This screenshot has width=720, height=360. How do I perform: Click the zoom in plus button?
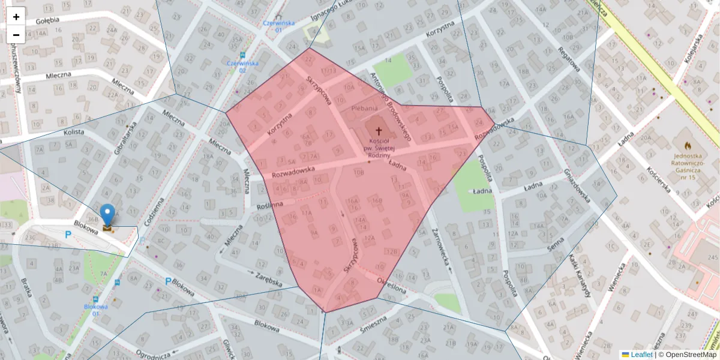point(16,17)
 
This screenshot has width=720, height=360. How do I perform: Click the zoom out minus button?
point(16,35)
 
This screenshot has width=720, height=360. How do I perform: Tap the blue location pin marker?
point(107,215)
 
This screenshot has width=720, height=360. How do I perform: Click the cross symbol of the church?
point(379,130)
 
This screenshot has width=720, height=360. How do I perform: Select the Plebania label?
point(364,108)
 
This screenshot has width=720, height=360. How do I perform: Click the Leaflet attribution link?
point(641,355)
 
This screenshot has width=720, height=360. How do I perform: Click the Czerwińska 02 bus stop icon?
point(242,55)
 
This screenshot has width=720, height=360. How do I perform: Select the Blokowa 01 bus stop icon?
point(95,298)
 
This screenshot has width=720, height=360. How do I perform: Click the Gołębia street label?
point(47,20)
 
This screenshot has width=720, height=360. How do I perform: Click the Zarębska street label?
point(268,279)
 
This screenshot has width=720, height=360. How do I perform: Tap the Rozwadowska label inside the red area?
point(293,170)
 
